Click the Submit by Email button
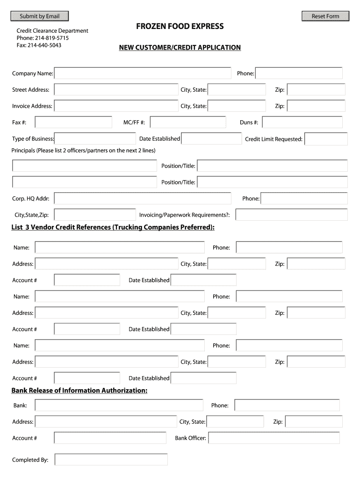click(x=39, y=16)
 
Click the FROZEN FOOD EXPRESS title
click(x=180, y=26)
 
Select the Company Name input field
click(x=143, y=73)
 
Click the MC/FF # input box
click(x=189, y=123)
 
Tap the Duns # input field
click(x=302, y=123)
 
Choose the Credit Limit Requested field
click(x=326, y=139)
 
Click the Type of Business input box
click(x=95, y=138)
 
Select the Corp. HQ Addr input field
click(x=143, y=198)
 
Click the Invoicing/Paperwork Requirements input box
click(x=291, y=215)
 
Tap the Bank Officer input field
click(x=274, y=438)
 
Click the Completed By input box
click(x=111, y=460)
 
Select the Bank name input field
click(x=119, y=405)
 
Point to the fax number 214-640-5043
click(x=44, y=45)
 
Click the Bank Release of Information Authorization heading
click(x=79, y=391)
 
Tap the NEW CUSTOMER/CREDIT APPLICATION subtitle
click(x=180, y=48)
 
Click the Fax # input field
click(x=73, y=123)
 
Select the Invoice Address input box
click(x=116, y=106)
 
